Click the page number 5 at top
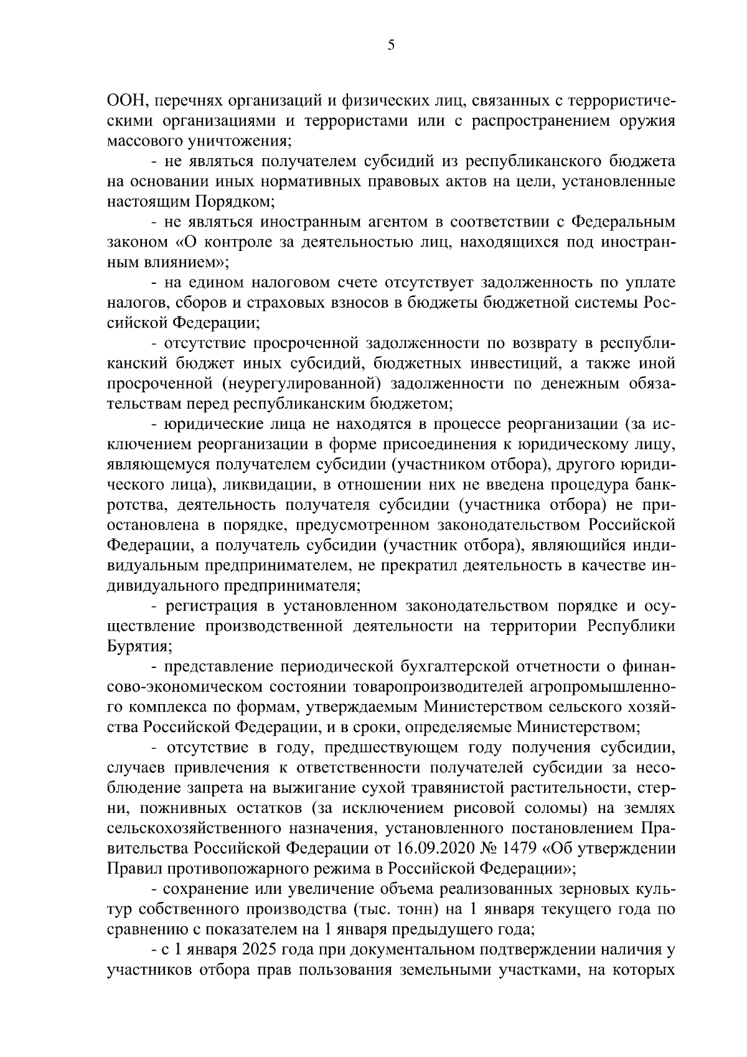pyautogui.click(x=390, y=45)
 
